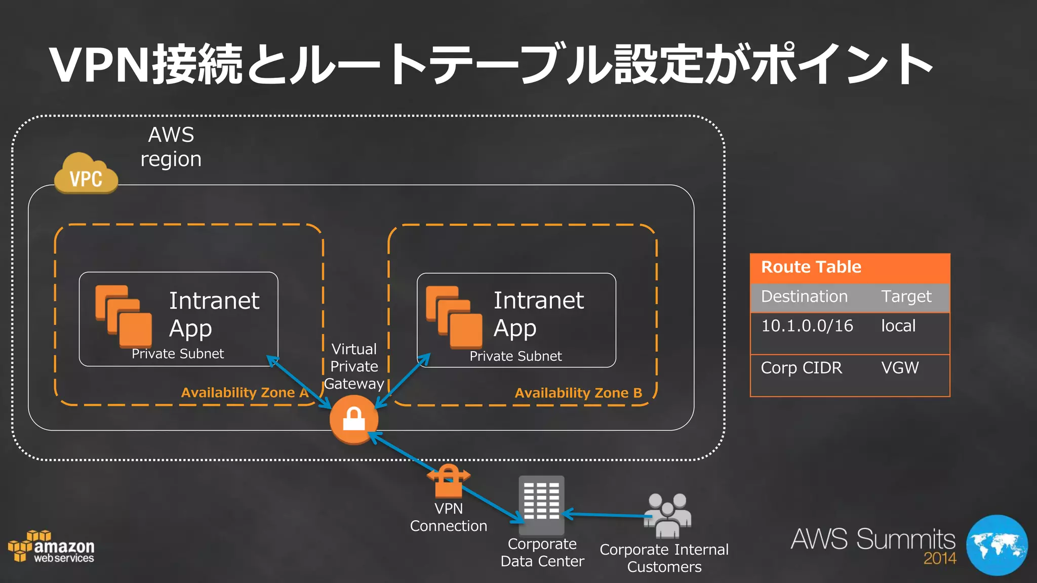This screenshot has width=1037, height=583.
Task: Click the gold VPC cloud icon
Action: (86, 174)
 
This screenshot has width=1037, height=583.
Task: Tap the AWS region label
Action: (171, 147)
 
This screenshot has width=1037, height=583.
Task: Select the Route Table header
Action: (811, 267)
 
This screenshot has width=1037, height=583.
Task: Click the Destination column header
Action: (804, 297)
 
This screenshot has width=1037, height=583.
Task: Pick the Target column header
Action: (906, 297)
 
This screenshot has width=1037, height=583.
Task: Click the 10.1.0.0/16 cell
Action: (807, 326)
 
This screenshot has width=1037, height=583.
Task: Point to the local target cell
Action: (898, 326)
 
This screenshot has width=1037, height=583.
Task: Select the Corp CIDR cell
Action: (801, 368)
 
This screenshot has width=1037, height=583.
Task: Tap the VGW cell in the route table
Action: (900, 368)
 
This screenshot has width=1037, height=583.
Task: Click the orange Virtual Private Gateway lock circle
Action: (354, 420)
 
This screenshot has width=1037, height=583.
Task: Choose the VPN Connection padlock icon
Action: (449, 481)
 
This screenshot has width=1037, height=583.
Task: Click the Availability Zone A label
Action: (245, 393)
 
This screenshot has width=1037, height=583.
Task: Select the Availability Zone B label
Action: (578, 393)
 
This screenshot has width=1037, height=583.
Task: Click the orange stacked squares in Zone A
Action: (124, 316)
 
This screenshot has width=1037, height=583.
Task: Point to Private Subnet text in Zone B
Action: (515, 356)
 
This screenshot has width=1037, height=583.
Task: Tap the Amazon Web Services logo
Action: (52, 548)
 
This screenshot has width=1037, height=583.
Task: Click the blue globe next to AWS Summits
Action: (996, 545)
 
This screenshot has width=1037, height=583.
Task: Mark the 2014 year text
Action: (940, 559)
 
